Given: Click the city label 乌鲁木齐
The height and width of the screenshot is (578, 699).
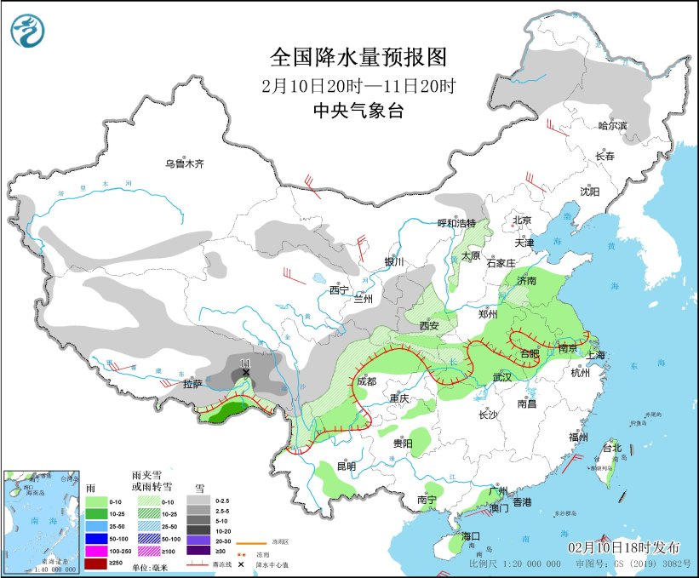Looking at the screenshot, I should point(185,163).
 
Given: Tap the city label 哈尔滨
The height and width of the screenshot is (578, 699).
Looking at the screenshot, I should point(611,126).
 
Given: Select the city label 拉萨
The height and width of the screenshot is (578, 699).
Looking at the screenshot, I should point(193,384).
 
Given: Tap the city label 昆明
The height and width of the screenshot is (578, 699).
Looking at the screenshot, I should point(347,466).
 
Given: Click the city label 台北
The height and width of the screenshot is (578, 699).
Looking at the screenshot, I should point(611,448).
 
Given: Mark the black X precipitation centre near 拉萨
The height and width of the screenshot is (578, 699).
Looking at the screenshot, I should point(246,372).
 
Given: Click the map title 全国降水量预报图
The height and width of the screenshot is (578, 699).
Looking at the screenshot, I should point(358,57).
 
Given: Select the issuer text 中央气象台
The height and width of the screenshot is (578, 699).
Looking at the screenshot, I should point(358,111).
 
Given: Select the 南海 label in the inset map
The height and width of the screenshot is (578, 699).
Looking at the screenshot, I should point(38,520).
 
